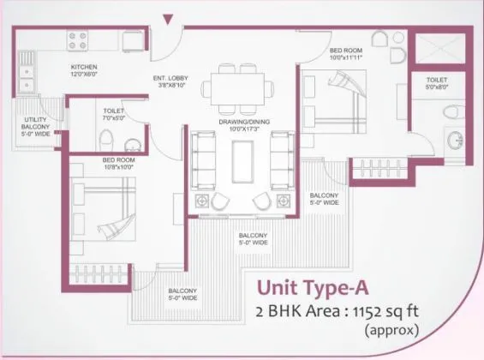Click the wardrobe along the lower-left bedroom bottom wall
point(101,275)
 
